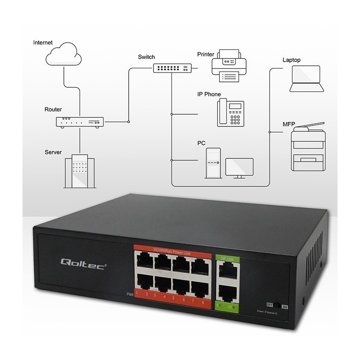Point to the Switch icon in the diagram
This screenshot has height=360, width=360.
tap(172, 68)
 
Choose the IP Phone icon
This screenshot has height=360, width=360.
tap(230, 112)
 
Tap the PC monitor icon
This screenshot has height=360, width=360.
tap(239, 168)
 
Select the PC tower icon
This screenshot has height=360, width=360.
tap(213, 162)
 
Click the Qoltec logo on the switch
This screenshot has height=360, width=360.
tap(83, 263)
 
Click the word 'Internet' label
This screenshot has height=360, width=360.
tap(43, 43)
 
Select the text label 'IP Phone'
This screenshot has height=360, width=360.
tap(209, 94)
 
